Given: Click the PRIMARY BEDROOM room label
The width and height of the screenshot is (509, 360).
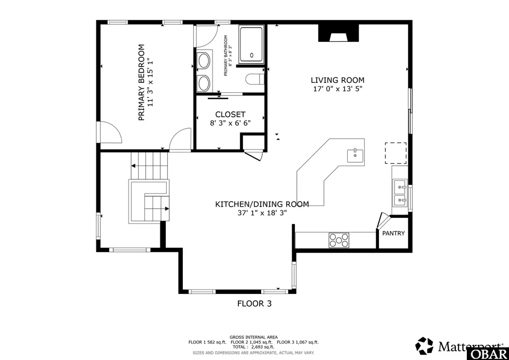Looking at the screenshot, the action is click(x=141, y=82).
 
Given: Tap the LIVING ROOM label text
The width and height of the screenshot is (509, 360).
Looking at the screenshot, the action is click(x=338, y=80).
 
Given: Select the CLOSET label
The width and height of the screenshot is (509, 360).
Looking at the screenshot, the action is click(x=230, y=115).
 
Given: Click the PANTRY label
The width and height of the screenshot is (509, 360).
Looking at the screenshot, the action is click(x=393, y=233).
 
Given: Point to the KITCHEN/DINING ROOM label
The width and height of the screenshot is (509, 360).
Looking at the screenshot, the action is click(x=262, y=204).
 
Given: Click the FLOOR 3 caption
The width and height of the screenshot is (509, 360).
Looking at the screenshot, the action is click(x=254, y=303).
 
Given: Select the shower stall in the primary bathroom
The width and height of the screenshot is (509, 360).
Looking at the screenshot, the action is click(x=252, y=45).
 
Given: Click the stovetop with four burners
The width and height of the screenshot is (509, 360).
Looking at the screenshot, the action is click(x=339, y=240).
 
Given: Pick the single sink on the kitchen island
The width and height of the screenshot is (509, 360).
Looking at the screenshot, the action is click(x=355, y=155).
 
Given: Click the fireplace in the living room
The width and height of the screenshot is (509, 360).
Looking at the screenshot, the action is click(x=339, y=33).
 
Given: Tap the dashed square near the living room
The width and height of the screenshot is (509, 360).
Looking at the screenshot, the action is click(x=396, y=153).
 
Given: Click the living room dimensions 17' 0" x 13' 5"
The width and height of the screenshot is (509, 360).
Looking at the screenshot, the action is click(x=338, y=89).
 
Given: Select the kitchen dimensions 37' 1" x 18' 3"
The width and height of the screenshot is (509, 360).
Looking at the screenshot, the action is click(x=262, y=213).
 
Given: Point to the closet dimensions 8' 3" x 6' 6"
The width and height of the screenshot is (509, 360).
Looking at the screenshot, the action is click(x=230, y=123).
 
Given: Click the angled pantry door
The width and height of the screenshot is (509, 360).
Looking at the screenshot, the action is click(x=382, y=221).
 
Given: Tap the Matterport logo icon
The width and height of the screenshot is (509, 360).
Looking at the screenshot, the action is click(x=424, y=346).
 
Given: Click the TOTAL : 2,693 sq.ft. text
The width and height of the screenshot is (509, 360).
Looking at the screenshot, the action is click(x=254, y=347).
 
